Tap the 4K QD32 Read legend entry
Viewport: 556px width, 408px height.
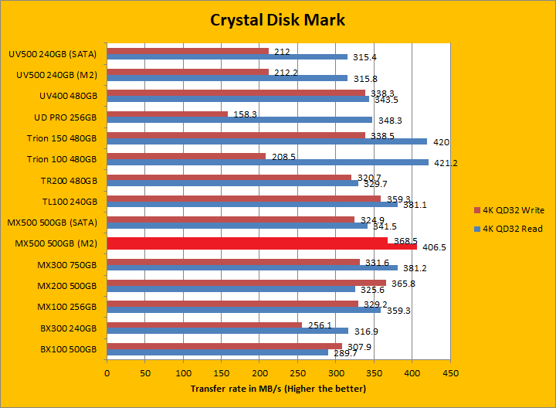coord(512,229)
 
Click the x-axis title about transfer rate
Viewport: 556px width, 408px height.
coord(278,388)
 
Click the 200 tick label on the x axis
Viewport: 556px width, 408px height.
coord(259,372)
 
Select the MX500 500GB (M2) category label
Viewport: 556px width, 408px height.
coord(56,243)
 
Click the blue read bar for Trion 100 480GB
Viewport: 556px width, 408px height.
coord(267,162)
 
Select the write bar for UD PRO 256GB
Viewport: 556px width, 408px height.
coord(167,114)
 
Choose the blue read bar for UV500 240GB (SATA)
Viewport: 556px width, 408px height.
coord(227,56)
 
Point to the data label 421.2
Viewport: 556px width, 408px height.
coord(444,163)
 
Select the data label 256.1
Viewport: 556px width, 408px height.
coord(319,325)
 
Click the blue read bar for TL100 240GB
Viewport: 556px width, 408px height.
coord(252,205)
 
